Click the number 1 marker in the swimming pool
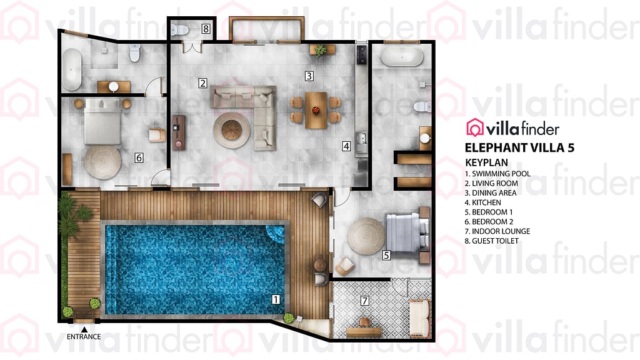pos(276,299)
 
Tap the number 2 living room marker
pos(202,82)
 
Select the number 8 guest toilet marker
pos(206,29)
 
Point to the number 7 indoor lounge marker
pos(365,301)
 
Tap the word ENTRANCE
pos(84,337)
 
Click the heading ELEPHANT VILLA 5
pos(519,147)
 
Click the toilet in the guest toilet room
pos(181,29)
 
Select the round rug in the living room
pos(231,129)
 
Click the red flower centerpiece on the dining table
pos(316,111)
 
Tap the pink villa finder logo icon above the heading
pos(476,128)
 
